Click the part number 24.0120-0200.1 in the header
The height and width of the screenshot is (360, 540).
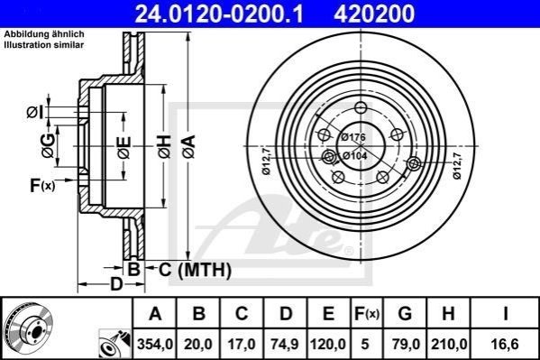(x=219, y=14)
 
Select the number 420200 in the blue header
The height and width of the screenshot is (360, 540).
(x=374, y=14)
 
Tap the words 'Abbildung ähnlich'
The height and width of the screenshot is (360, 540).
(x=44, y=34)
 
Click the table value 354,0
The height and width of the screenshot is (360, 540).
(x=155, y=344)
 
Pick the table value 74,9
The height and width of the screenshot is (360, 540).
(x=286, y=344)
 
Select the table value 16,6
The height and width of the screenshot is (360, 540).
(x=505, y=344)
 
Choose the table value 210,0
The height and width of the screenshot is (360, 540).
(x=448, y=344)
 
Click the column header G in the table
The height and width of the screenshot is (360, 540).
(x=405, y=313)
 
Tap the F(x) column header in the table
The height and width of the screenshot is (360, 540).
(x=367, y=314)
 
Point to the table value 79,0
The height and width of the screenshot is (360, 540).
(x=405, y=344)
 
